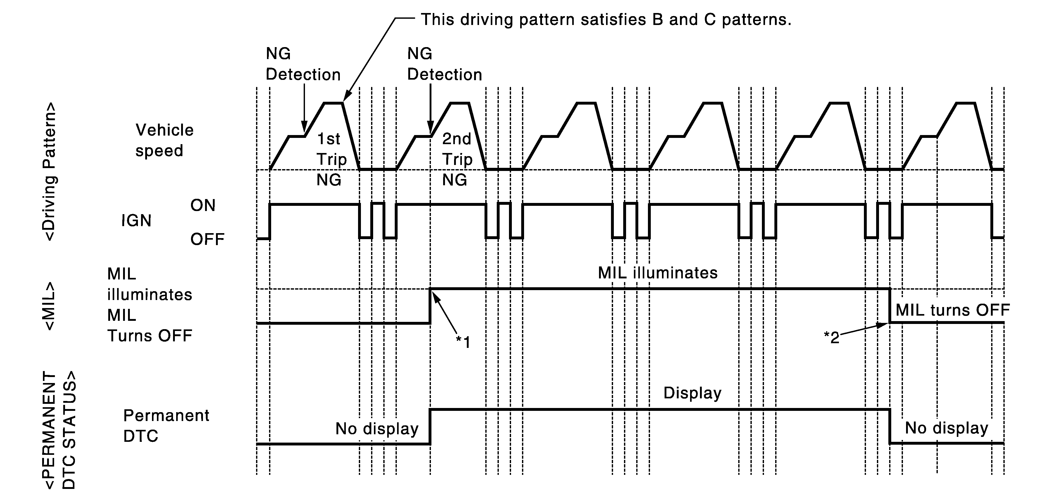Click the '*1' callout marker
[x=463, y=342]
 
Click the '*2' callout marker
[x=832, y=337]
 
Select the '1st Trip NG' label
[x=331, y=159]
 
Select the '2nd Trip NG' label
[x=457, y=159]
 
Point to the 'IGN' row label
[x=136, y=221]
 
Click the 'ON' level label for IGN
[x=203, y=205]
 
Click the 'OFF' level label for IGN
[x=207, y=239]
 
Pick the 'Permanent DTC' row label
[x=166, y=426]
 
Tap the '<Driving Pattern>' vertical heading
[x=49, y=171]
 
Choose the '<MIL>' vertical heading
[x=49, y=306]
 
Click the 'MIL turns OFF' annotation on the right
[x=952, y=310]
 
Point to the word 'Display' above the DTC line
[x=692, y=393]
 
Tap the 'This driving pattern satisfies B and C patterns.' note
[x=606, y=19]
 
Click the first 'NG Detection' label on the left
[x=303, y=64]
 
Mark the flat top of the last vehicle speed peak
[x=965, y=103]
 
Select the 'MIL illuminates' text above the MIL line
[x=657, y=273]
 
